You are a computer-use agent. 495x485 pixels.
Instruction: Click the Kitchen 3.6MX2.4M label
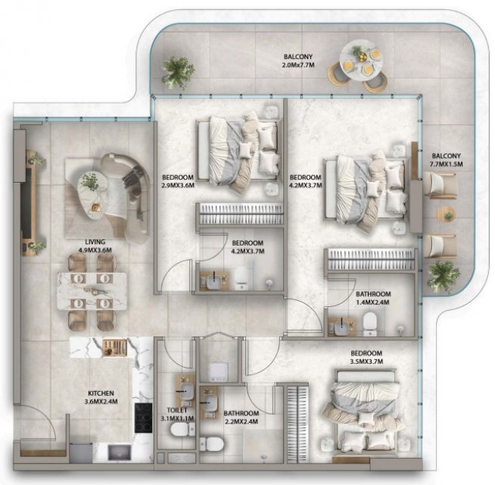pos(101,397)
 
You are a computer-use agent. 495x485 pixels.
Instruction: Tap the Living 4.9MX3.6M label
pos(95,246)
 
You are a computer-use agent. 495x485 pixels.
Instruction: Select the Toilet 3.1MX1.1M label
pos(177,415)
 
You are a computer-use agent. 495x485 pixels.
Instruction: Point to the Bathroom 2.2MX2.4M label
pos(241,417)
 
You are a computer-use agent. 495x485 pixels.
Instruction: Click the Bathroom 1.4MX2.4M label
pos(373,298)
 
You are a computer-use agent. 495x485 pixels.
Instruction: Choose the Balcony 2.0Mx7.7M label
pos(297,61)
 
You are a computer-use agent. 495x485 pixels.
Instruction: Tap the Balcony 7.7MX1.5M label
pos(446,160)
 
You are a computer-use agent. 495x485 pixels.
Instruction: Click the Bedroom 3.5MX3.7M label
pos(366,357)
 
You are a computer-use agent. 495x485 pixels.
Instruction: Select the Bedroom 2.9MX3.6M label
pos(178,181)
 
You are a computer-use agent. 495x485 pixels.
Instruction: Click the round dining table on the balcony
pos(361,61)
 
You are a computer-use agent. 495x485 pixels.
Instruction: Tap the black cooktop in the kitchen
pos(143,418)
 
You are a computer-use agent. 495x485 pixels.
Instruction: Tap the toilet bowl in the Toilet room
pos(179,430)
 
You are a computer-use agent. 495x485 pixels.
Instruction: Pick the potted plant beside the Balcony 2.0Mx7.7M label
pos(177,72)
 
